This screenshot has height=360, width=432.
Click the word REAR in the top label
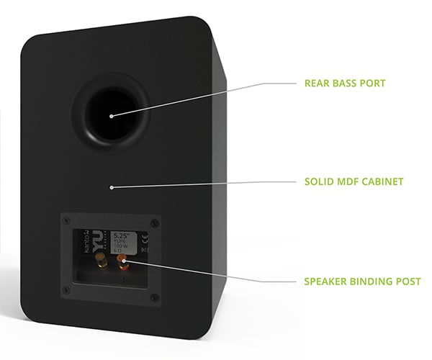tap(318, 84)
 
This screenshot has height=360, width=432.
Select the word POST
tap(408, 282)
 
